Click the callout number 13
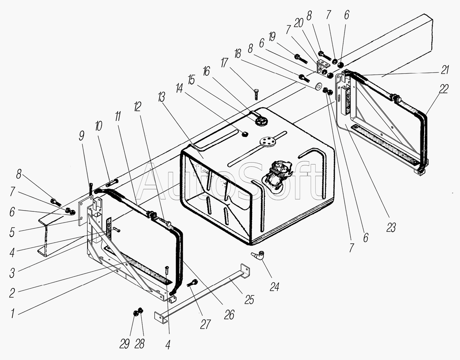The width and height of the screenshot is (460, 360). coord(162,98)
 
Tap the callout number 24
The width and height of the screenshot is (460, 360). coord(274,287)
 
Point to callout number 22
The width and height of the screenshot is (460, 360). coord(443,89)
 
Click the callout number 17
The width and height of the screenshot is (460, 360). coord(224,63)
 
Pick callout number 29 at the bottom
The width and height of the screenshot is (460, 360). coord(125,344)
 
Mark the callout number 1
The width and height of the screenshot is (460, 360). coord(13,313)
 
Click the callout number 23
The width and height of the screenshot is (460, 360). coord(391,228)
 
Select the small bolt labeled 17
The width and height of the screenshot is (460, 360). coord(256,94)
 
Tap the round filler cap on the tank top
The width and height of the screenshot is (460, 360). coord(262,122)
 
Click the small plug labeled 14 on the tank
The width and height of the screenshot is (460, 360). coord(245,134)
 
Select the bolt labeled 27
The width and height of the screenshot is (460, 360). coord(192,283)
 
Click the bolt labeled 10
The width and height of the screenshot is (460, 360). coord(112,182)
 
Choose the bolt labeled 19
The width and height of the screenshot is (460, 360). coord(301,59)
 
